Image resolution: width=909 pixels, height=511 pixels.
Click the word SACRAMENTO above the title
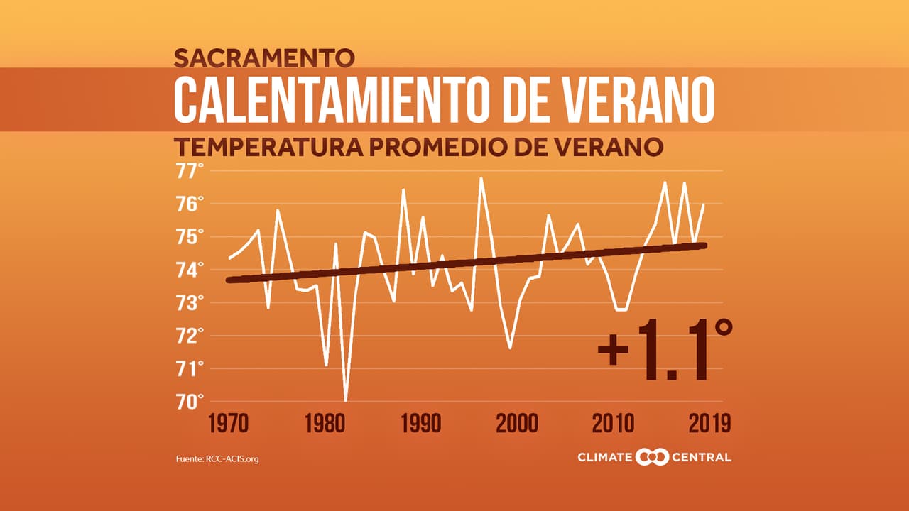(x=263, y=56)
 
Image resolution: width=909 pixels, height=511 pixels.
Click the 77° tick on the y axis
(x=190, y=171)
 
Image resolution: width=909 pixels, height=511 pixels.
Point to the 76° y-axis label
(x=190, y=204)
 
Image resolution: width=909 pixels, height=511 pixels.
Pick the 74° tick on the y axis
(x=190, y=270)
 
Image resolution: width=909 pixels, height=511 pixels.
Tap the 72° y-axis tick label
(x=190, y=336)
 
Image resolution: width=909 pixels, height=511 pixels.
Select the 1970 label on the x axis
(x=229, y=424)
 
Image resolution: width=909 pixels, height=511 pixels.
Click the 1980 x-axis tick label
(x=325, y=424)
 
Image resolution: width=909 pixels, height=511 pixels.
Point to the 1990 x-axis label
(x=420, y=424)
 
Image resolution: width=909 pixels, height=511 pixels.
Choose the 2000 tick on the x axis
(x=517, y=424)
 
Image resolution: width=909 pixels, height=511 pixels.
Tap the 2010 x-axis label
(x=613, y=424)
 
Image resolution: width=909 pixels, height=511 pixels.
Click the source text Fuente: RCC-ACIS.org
(x=217, y=459)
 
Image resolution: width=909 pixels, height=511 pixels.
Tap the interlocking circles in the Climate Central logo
(x=652, y=457)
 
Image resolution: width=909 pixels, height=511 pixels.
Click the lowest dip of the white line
(x=346, y=400)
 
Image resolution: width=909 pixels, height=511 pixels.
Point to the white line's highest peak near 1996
(x=481, y=179)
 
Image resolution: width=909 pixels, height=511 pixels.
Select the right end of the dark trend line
(x=704, y=246)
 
